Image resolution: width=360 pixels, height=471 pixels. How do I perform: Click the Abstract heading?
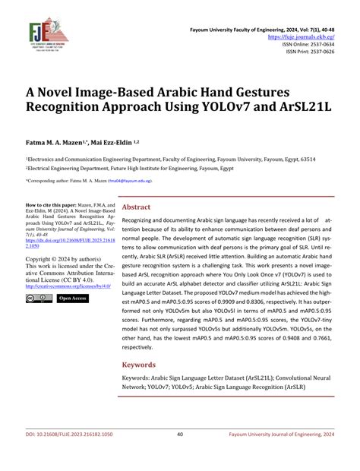(x=137, y=207)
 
